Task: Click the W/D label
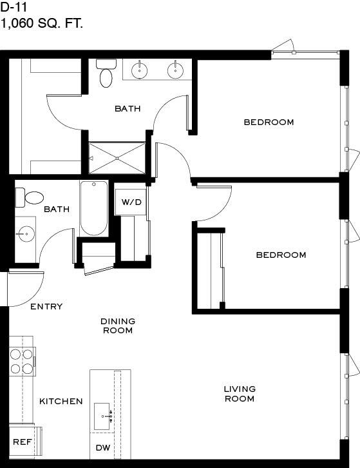[x=131, y=202]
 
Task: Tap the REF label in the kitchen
[x=23, y=442]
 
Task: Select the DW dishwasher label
[x=103, y=448]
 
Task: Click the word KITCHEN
[x=61, y=402]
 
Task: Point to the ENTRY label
[x=46, y=307]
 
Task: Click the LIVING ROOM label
[x=240, y=394]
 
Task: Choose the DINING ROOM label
[x=118, y=326]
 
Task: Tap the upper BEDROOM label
[x=269, y=122]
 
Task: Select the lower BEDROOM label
[x=281, y=255]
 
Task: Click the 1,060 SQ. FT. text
[x=41, y=23]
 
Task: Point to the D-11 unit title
[x=14, y=7]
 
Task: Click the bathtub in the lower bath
[x=94, y=208]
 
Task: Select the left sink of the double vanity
[x=139, y=70]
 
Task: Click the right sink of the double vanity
[x=175, y=70]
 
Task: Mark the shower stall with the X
[x=117, y=158]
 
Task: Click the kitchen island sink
[x=102, y=416]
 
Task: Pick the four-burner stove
[x=23, y=362]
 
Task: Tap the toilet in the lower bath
[x=29, y=198]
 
